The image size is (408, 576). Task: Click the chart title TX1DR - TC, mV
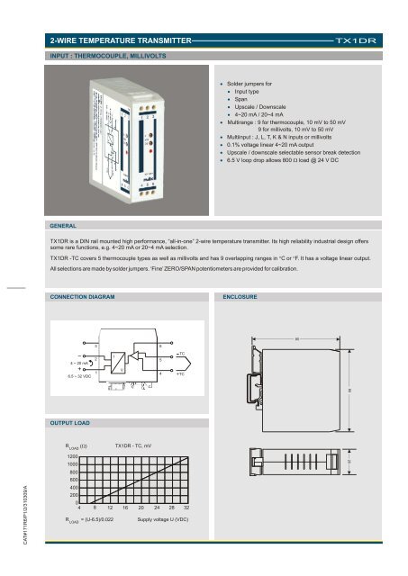139,445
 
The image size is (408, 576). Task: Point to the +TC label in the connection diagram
181,373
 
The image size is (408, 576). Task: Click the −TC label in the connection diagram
181,354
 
